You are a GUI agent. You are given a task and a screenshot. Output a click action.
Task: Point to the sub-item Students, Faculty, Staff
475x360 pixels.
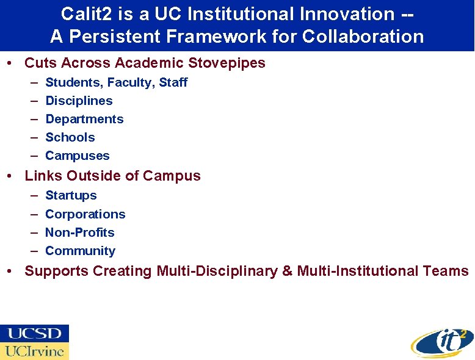pyautogui.click(x=116, y=82)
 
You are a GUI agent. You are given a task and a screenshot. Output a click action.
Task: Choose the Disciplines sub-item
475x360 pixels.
pyautogui.click(x=79, y=101)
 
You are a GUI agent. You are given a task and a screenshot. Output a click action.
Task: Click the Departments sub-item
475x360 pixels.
pyautogui.click(x=84, y=119)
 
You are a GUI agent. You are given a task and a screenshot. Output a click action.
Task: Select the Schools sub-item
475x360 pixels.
pyautogui.click(x=70, y=137)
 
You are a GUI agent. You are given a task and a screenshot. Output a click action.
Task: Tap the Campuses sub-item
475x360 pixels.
pyautogui.click(x=78, y=156)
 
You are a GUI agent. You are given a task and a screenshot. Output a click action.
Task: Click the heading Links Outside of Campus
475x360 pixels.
pyautogui.click(x=112, y=176)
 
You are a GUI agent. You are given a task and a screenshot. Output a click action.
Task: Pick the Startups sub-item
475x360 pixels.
pyautogui.click(x=71, y=195)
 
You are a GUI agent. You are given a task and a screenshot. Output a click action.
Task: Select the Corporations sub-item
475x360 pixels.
pyautogui.click(x=85, y=214)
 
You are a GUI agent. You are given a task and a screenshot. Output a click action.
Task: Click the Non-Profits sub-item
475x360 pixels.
pyautogui.click(x=80, y=232)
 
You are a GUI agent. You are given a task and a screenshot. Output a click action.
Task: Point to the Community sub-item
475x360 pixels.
pyautogui.click(x=80, y=251)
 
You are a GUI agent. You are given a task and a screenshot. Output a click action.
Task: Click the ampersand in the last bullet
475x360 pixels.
pyautogui.click(x=287, y=271)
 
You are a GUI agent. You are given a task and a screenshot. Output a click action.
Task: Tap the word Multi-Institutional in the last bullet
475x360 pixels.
pyautogui.click(x=358, y=271)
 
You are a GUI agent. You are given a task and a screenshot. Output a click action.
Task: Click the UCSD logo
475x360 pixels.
pyautogui.click(x=34, y=334)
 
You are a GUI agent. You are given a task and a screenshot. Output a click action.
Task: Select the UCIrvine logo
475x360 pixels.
pyautogui.click(x=34, y=351)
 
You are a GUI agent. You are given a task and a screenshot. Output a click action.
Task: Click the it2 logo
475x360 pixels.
pyautogui.click(x=441, y=342)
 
